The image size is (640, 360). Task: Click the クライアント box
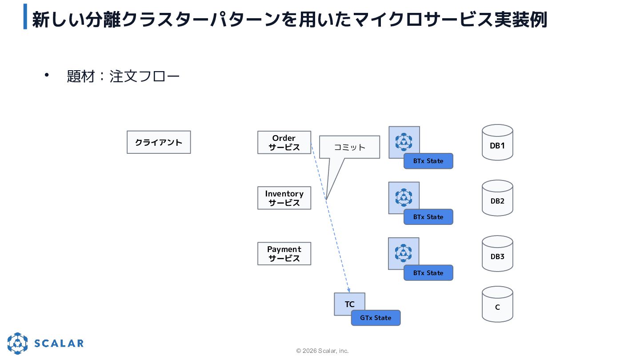[x=159, y=142]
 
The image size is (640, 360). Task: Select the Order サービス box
[x=284, y=143]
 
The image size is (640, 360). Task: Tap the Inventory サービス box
[x=284, y=198]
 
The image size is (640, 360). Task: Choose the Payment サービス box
[x=284, y=254]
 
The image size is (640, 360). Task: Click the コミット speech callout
[x=349, y=147]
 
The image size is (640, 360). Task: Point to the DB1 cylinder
[x=497, y=142]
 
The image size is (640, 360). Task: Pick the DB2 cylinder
[x=497, y=198]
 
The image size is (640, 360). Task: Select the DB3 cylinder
[x=497, y=254]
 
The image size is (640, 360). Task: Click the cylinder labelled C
[x=497, y=304]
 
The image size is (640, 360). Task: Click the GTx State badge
[x=376, y=318]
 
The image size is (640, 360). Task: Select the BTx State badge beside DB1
[x=428, y=161]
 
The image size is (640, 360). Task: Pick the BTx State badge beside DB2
[x=428, y=217]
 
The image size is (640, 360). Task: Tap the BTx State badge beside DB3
[x=428, y=273]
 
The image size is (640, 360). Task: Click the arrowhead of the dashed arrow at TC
[x=348, y=291]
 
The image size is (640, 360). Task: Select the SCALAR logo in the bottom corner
[x=46, y=343]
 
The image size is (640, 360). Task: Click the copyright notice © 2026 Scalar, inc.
[x=322, y=351]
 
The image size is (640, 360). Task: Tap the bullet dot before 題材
[x=47, y=75]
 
